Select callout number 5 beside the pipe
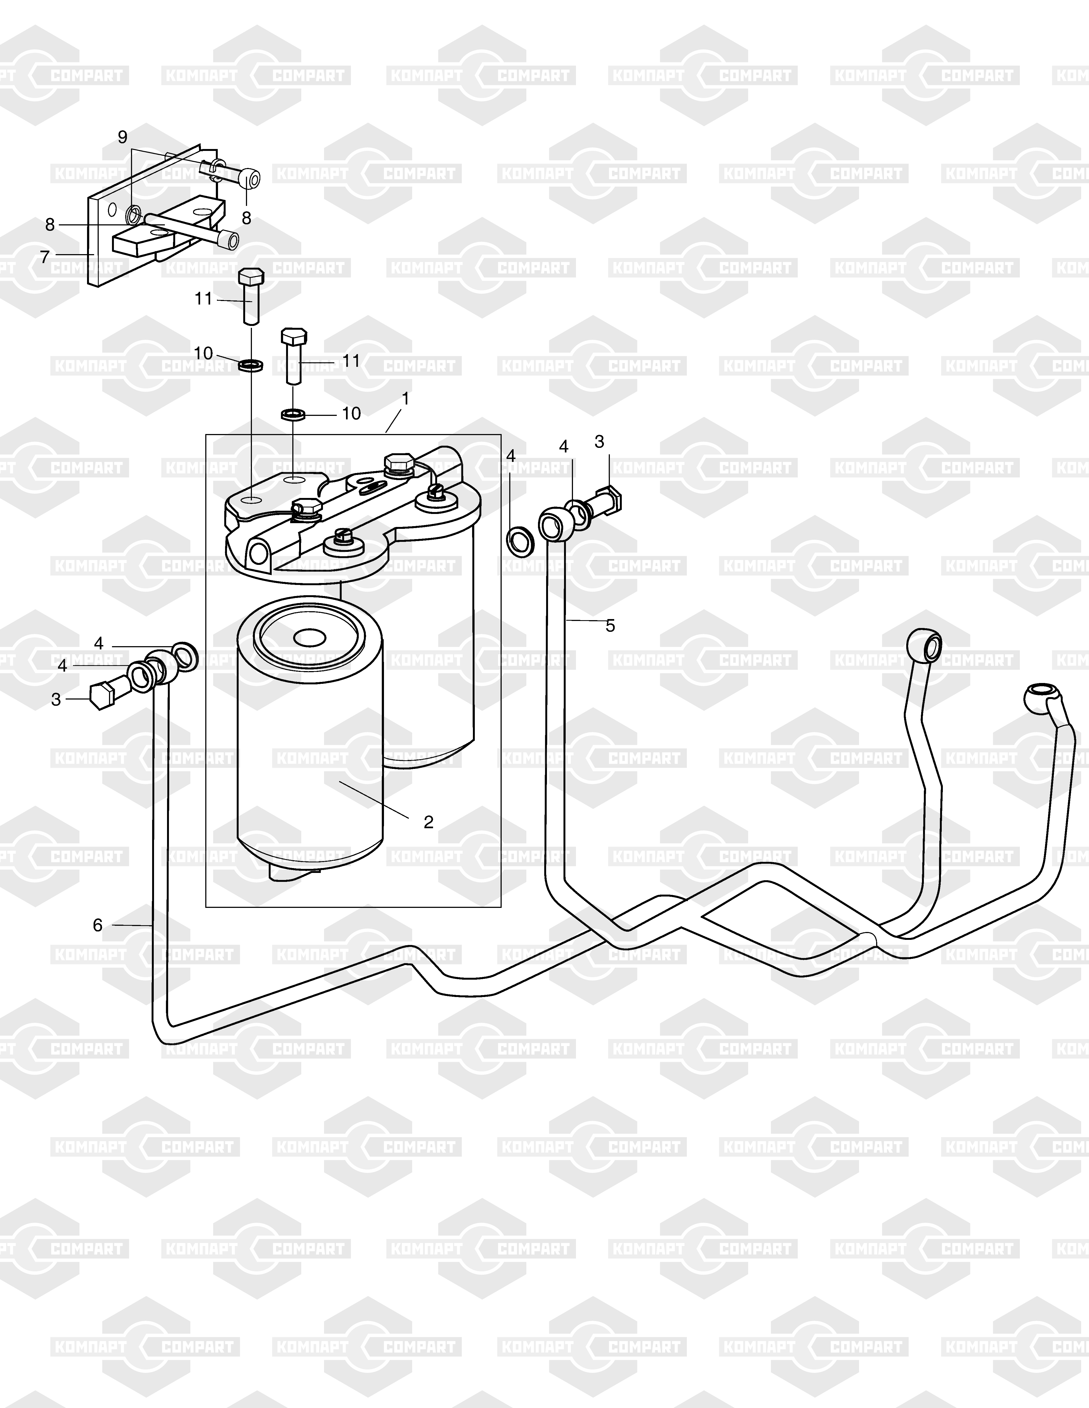[x=610, y=625]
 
